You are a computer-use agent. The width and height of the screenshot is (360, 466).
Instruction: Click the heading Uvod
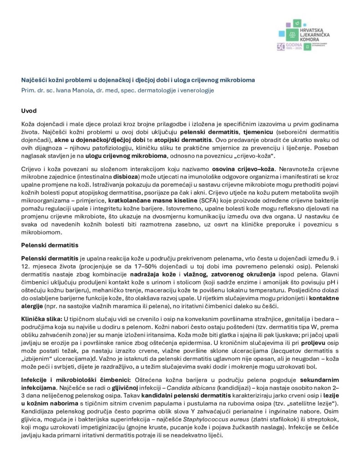30,111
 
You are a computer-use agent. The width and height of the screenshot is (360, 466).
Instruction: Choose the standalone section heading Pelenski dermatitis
50,245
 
